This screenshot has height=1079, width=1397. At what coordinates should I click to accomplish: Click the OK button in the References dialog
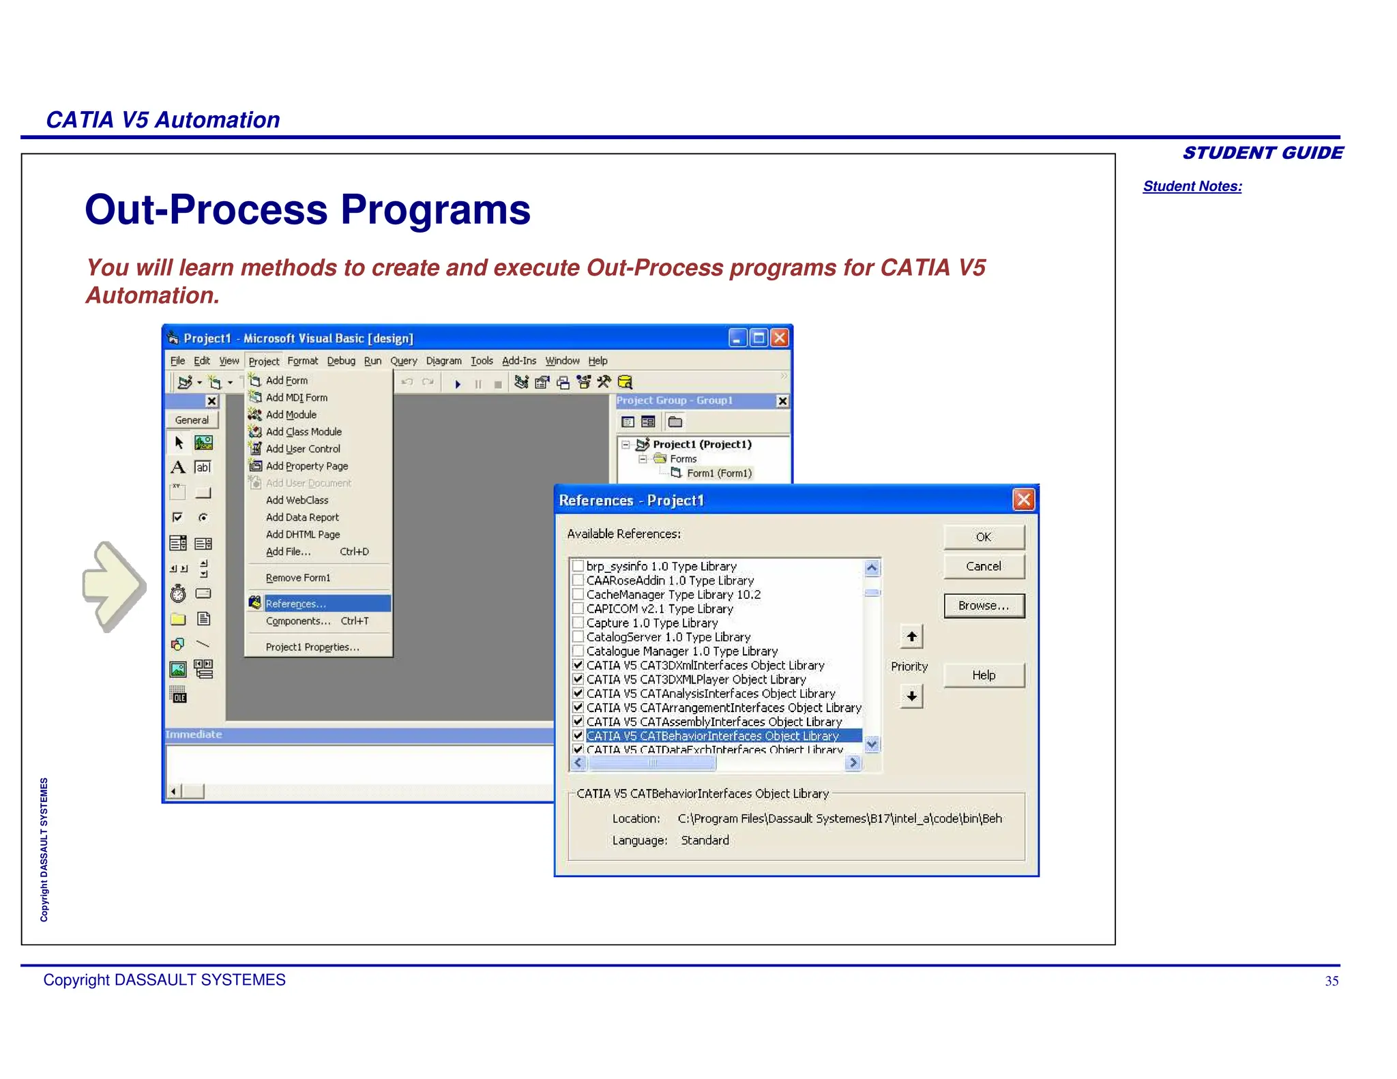pyautogui.click(x=983, y=537)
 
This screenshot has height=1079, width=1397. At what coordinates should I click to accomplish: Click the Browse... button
pyautogui.click(x=983, y=606)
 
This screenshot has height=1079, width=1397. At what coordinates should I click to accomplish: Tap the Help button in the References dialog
pyautogui.click(x=983, y=675)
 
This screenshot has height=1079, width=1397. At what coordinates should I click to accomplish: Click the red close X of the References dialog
pyautogui.click(x=1023, y=500)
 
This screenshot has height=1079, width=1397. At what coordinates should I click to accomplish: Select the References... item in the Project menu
pyautogui.click(x=296, y=604)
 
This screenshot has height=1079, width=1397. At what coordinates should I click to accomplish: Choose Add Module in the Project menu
pyautogui.click(x=291, y=415)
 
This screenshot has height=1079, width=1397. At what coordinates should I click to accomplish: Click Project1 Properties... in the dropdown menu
pyautogui.click(x=312, y=647)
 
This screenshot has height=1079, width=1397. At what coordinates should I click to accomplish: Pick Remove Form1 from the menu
pyautogui.click(x=298, y=578)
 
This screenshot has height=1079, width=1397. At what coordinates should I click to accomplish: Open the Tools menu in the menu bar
pyautogui.click(x=482, y=361)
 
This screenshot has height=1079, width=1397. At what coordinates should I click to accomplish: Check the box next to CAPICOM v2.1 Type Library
pyautogui.click(x=578, y=608)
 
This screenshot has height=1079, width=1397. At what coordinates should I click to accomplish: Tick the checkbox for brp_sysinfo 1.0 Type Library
pyautogui.click(x=578, y=566)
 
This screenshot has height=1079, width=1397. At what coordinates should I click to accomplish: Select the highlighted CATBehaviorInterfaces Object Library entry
pyautogui.click(x=712, y=736)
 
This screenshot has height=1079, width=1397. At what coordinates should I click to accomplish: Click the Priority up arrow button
pyautogui.click(x=911, y=637)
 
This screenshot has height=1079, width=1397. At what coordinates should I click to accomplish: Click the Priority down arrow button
pyautogui.click(x=911, y=696)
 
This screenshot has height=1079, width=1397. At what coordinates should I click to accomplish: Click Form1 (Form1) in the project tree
pyautogui.click(x=719, y=473)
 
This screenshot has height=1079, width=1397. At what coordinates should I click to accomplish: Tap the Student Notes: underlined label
pyautogui.click(x=1192, y=186)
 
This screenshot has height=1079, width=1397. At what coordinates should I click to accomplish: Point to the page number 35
pyautogui.click(x=1331, y=981)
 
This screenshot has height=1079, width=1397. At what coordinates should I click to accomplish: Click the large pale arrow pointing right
pyautogui.click(x=113, y=586)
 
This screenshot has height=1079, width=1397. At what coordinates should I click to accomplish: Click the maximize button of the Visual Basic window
pyautogui.click(x=758, y=338)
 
